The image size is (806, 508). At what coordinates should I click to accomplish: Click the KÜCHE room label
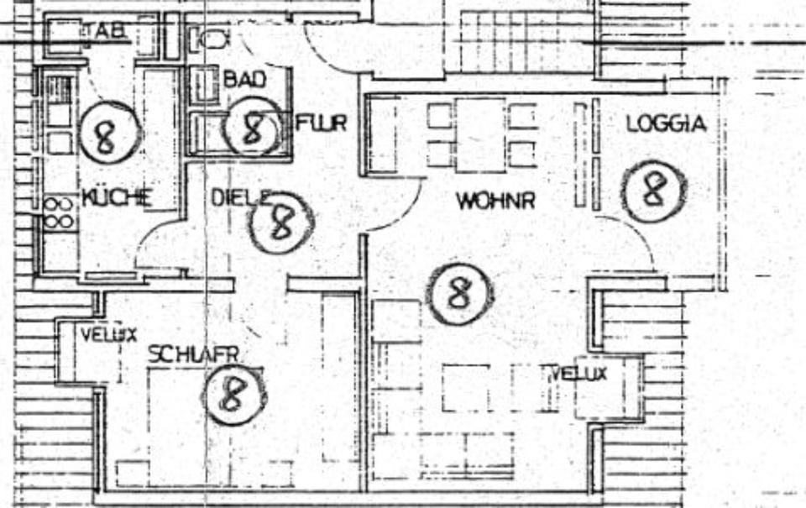(117, 198)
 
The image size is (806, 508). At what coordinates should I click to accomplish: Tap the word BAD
(244, 80)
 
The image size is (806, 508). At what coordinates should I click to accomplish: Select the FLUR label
(322, 123)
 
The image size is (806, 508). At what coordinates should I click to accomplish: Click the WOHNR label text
(495, 202)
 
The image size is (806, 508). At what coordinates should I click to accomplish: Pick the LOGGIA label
(667, 124)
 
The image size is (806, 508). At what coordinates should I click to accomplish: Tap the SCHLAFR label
(193, 354)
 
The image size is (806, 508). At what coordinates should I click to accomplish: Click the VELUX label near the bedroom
(108, 334)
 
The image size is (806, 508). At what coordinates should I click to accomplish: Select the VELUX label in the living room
(578, 374)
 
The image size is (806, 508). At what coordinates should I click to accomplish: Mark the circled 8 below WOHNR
(458, 294)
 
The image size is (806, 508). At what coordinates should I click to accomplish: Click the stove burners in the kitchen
(59, 213)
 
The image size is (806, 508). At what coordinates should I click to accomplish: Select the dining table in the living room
(481, 134)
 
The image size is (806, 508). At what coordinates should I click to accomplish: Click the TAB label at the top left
(107, 31)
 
